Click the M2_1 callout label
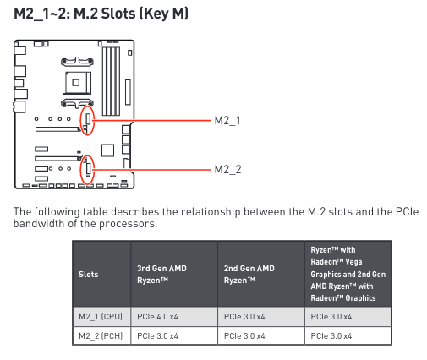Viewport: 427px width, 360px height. [227, 121]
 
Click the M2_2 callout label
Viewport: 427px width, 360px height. [227, 170]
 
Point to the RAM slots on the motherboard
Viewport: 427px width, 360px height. [111, 81]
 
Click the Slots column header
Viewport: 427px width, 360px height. [89, 274]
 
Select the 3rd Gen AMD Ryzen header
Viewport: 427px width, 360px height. [161, 274]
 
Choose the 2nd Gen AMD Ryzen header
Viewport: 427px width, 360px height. [249, 274]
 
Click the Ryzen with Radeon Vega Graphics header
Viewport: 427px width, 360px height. [348, 274]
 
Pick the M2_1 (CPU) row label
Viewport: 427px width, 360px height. [101, 317]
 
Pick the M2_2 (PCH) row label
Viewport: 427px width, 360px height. [101, 336]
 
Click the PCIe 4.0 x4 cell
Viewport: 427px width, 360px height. [157, 317]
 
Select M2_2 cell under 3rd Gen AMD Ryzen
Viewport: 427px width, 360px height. [157, 336]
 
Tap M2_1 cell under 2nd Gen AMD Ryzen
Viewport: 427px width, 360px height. [244, 317]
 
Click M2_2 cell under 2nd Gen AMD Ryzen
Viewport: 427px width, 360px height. [244, 336]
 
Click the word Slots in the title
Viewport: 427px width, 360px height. [118, 14]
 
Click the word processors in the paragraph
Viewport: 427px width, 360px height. [128, 224]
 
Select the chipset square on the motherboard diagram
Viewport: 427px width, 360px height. [107, 150]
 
